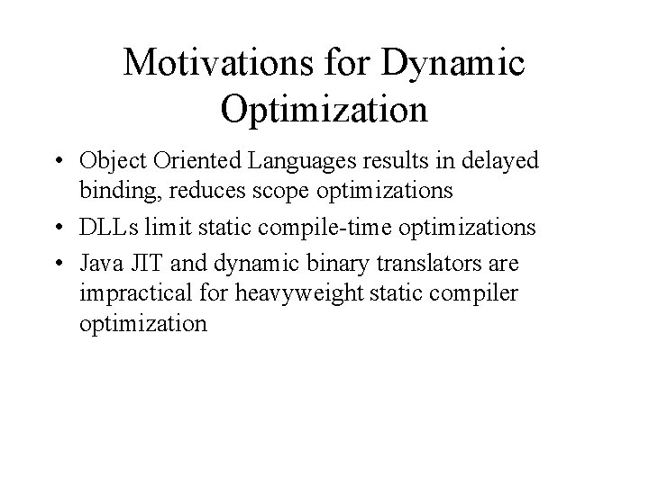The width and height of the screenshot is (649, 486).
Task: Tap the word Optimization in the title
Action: pyautogui.click(x=323, y=110)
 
